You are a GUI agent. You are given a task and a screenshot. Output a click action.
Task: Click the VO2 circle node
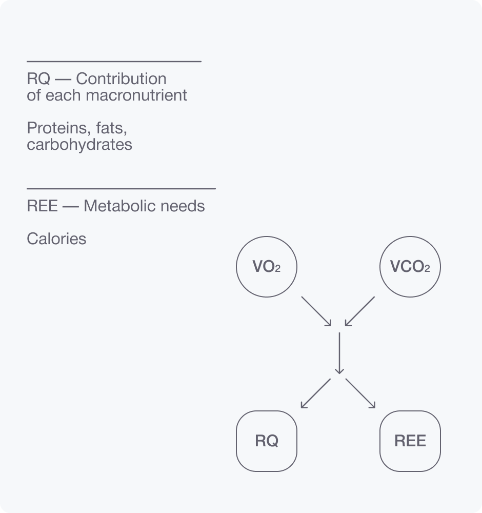[266, 267]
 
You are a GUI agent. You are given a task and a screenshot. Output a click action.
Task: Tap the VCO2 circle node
[410, 267]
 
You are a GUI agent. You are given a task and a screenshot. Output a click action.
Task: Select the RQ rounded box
[266, 441]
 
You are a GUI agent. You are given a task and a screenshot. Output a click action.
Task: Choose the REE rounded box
[410, 441]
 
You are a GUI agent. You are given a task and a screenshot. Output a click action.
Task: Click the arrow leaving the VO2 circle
[316, 311]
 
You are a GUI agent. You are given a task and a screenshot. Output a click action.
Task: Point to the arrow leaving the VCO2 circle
[360, 311]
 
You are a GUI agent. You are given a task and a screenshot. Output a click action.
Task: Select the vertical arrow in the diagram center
[338, 353]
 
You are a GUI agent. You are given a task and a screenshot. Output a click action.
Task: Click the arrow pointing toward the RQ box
[316, 393]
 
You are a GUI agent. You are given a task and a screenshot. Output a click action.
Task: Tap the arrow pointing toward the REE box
[360, 393]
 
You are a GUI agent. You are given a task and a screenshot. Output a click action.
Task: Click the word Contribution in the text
[121, 79]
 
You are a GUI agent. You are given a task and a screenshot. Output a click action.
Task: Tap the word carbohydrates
[79, 145]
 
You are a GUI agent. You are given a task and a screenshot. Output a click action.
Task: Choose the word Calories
[56, 239]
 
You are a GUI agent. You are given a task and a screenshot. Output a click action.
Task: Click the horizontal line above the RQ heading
[114, 62]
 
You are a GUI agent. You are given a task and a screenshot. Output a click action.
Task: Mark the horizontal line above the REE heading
[121, 189]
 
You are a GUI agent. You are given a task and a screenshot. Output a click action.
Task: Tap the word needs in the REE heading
[184, 206]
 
